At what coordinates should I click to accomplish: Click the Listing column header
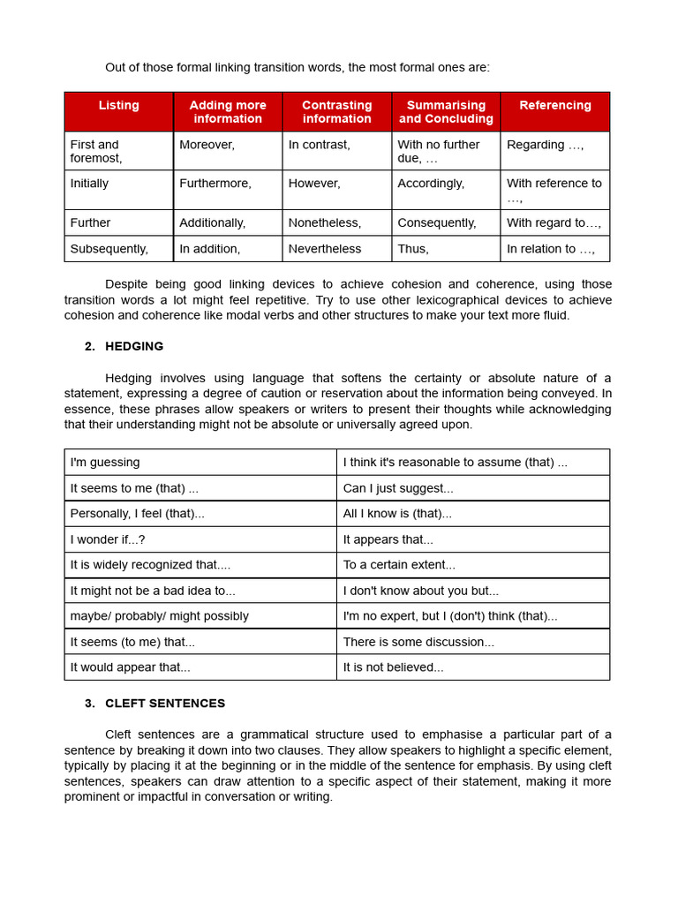118,106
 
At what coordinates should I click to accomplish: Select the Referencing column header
554,106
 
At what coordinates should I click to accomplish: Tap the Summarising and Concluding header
446,112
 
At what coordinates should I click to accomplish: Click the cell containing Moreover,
207,145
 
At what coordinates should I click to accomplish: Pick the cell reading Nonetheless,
325,223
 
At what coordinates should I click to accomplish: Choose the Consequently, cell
436,223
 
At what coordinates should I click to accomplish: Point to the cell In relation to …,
551,249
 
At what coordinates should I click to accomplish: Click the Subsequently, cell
109,249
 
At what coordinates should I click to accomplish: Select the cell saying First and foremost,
96,151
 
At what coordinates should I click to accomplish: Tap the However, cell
314,184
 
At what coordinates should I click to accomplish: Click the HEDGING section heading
134,346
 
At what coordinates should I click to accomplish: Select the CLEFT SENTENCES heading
165,704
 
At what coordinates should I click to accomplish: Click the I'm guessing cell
105,463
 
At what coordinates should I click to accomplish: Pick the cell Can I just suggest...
398,488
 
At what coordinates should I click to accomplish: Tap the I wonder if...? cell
108,539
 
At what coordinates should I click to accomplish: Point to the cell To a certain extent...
399,565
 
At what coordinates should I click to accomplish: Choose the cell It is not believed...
393,667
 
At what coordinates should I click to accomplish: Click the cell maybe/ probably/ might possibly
160,616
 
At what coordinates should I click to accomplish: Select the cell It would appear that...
130,667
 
